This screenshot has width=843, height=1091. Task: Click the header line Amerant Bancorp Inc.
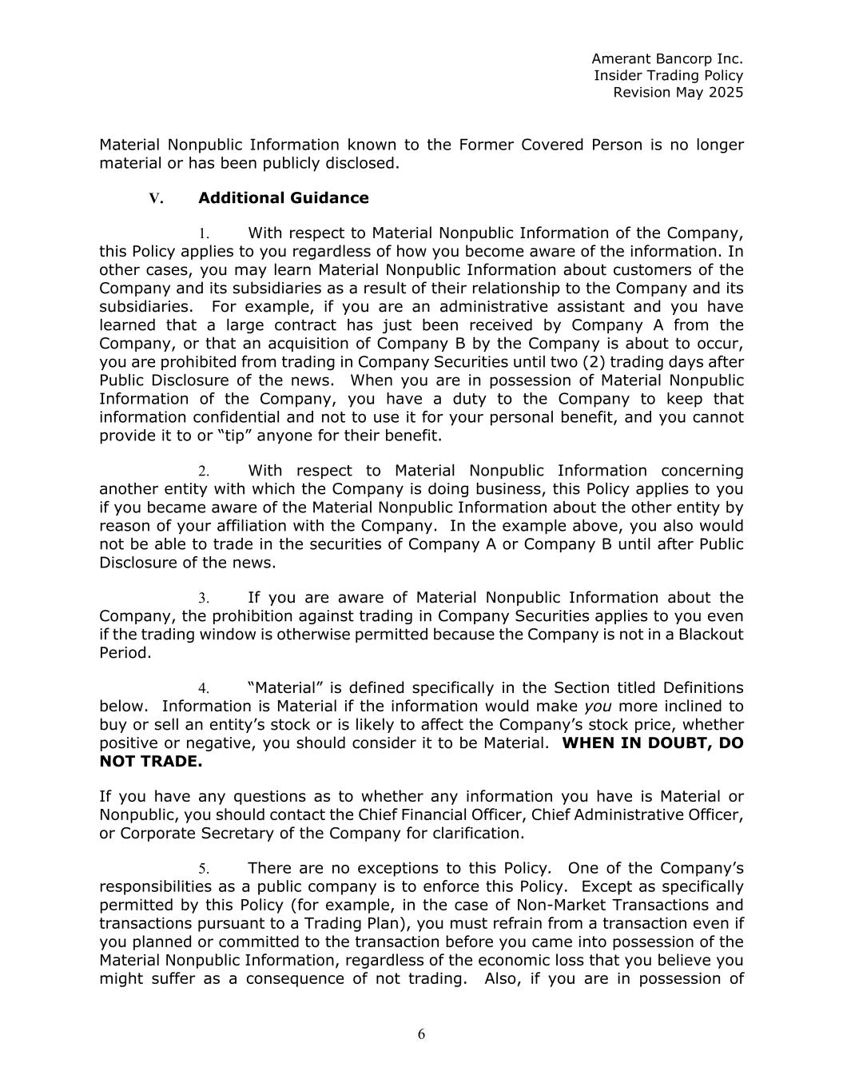(667, 58)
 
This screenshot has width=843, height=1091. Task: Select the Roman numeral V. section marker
(156, 198)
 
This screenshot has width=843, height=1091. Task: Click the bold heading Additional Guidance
(284, 198)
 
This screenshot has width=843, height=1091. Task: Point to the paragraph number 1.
(204, 234)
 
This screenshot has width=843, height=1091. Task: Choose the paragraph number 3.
(204, 599)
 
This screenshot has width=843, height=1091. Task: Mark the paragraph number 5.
(204, 869)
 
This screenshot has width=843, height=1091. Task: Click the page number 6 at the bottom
(421, 1034)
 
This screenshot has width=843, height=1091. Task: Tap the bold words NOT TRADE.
(151, 762)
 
